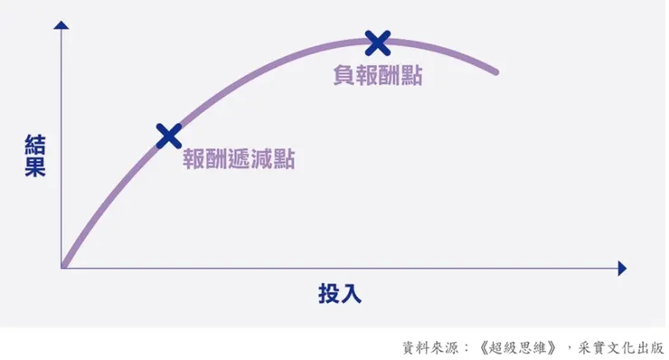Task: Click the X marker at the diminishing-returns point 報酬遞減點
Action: pyautogui.click(x=168, y=136)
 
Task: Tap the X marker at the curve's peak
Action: pyautogui.click(x=378, y=42)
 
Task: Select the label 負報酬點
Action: pyautogui.click(x=377, y=76)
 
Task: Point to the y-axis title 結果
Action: pyautogui.click(x=35, y=156)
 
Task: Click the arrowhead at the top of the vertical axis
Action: pyautogui.click(x=61, y=24)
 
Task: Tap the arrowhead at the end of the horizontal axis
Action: pyautogui.click(x=621, y=269)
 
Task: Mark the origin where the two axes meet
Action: pyautogui.click(x=62, y=268)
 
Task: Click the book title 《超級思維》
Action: pyautogui.click(x=512, y=347)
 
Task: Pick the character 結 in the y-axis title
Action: pyautogui.click(x=35, y=145)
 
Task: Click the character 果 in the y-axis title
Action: pyautogui.click(x=35, y=167)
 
